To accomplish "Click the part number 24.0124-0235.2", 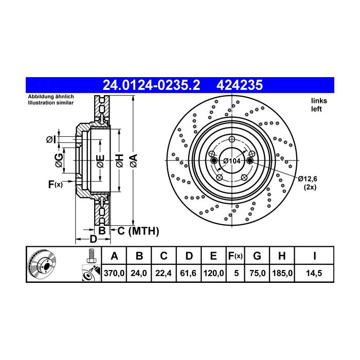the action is point(151,85).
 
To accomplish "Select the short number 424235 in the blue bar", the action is point(240,85).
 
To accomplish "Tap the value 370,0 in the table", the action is point(114,273).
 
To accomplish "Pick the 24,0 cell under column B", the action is point(139,273).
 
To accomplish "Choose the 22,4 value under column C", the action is point(164,273).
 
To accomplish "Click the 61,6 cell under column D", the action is point(188,273).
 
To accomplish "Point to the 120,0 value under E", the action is point(213,273).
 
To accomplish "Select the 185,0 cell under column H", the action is point(282,273).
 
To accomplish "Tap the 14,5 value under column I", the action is point(314,273).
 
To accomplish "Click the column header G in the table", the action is point(257,256).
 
